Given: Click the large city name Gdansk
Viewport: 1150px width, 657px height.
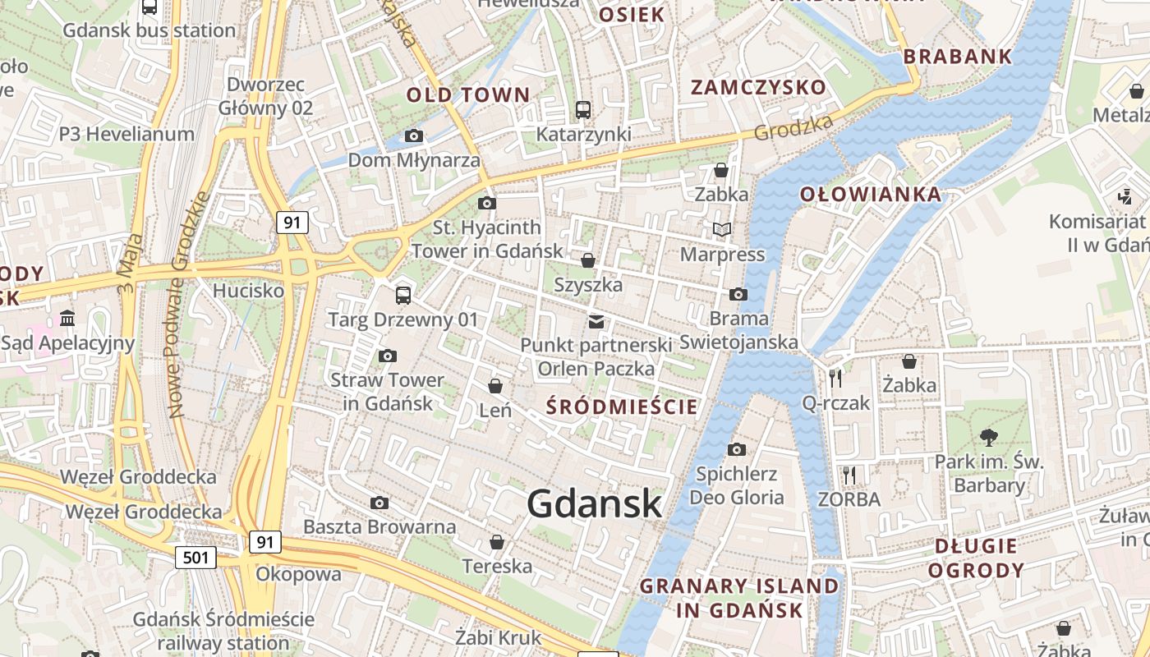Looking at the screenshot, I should pos(594,503).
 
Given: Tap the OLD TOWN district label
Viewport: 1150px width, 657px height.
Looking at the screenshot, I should pos(468,94).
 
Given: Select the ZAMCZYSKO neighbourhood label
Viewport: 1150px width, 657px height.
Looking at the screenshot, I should pos(758,87).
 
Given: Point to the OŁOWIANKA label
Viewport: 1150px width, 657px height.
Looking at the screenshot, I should pos(871,195).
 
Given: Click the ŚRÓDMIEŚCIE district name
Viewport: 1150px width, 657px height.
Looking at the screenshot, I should pos(622,407).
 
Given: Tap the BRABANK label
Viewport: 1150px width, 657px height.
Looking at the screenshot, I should pos(958,57).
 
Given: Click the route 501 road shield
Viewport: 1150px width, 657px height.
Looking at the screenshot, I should pos(195,558).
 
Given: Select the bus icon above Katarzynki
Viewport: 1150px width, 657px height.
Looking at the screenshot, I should pos(583,109).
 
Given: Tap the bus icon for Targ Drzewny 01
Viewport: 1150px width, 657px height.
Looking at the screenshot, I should pos(402,295).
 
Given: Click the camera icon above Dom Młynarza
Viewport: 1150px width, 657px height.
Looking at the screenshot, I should pos(414,136).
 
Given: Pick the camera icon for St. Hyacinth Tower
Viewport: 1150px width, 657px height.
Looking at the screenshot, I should pos(487,203).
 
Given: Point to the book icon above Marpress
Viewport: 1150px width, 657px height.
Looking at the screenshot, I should pos(722,229).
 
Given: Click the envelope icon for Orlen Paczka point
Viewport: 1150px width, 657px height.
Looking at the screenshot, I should pos(596,321).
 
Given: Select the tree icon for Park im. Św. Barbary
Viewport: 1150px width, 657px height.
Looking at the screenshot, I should pos(989,437).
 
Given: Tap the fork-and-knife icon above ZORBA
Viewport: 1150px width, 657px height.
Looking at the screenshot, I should pos(849,475).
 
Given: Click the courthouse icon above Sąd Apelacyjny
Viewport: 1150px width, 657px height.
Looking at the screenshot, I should pos(67,318).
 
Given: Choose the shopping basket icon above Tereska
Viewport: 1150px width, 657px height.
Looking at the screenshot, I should pos(496,542).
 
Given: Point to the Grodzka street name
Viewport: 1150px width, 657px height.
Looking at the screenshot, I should pos(793,127).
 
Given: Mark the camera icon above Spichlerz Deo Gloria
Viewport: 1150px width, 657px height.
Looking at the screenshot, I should pos(737,449).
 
